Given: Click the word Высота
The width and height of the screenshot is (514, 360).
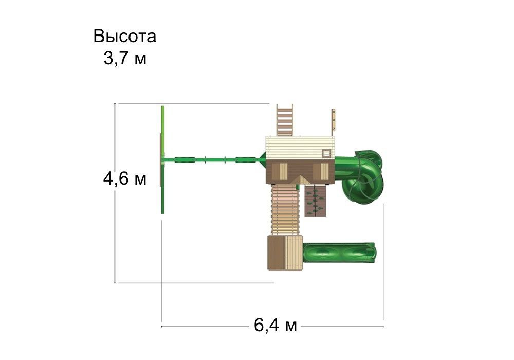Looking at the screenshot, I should [125, 37].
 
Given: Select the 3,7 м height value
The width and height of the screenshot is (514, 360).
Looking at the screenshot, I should [125, 59].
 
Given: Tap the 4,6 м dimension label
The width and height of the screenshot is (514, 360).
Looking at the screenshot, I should [125, 179].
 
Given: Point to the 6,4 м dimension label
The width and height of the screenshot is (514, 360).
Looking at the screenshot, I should [276, 326].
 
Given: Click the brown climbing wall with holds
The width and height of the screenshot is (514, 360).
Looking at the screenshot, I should [315, 201].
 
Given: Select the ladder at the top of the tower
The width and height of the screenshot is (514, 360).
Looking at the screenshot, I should [285, 120].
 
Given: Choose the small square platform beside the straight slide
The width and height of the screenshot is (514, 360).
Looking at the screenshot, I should [284, 253].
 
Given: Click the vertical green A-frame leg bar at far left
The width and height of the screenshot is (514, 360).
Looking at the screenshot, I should [163, 159].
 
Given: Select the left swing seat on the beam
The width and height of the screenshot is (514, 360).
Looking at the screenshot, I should [184, 159].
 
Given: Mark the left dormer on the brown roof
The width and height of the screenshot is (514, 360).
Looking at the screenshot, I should [282, 170].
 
